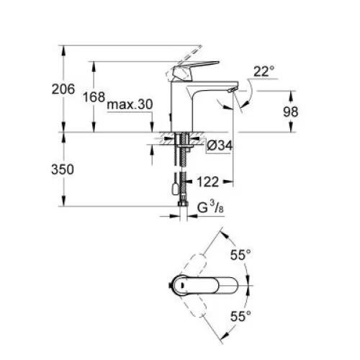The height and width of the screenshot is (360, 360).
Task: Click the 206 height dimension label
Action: (x=63, y=89)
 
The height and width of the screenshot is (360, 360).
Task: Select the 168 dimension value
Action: (x=94, y=97)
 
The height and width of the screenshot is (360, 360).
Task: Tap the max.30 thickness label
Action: (x=130, y=104)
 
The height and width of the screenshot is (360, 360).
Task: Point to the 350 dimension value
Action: (x=63, y=169)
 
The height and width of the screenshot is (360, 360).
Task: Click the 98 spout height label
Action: (x=290, y=112)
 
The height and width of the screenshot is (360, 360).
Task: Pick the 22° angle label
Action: (x=264, y=71)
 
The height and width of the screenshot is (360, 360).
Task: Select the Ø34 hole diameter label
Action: (x=220, y=145)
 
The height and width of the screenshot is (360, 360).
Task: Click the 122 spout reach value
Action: (x=208, y=182)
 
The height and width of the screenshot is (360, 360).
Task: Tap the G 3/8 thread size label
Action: (x=210, y=207)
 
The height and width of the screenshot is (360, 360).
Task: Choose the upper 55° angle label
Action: (x=240, y=255)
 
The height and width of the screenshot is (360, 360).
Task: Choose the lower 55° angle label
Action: (x=240, y=316)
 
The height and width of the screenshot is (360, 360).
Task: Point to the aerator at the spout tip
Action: (x=232, y=90)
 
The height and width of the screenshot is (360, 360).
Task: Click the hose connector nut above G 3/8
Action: (x=183, y=204)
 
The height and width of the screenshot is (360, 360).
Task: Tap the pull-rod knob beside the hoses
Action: (x=174, y=189)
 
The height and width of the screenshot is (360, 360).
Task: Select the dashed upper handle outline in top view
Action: (x=195, y=266)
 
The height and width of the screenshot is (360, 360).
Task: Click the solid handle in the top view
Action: (x=204, y=285)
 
